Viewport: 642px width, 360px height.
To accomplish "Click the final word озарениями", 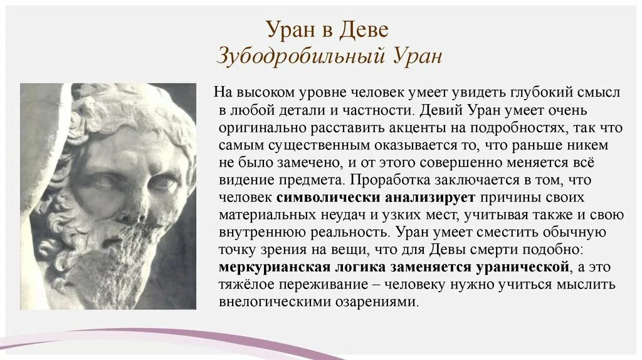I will point(379,302).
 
